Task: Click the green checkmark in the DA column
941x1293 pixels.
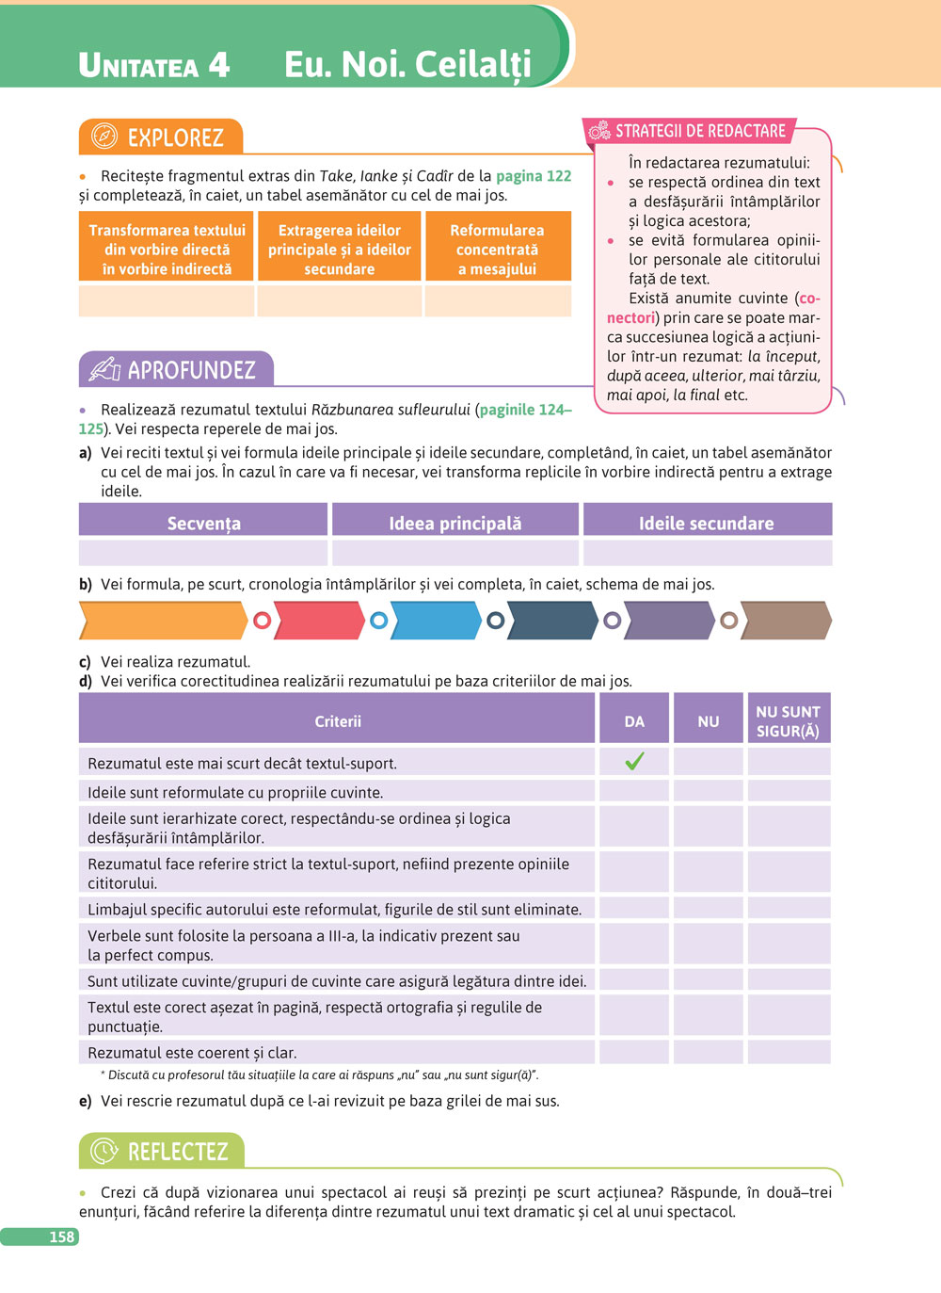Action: [x=634, y=761]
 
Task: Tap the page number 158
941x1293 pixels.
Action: [x=61, y=1236]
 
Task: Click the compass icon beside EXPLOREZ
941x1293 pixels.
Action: [x=104, y=137]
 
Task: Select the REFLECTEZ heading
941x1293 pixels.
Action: [x=178, y=1152]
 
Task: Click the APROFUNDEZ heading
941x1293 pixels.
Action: [x=191, y=370]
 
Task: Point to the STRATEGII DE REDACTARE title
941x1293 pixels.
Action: [x=700, y=131]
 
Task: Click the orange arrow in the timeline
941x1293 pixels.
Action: [x=163, y=621]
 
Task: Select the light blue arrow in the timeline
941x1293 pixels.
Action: [x=436, y=621]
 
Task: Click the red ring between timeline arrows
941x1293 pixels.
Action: [x=263, y=621]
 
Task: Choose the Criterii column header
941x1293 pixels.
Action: [x=338, y=721]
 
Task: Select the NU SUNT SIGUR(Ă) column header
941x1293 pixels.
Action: [x=789, y=721]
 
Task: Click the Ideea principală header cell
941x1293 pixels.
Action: [x=455, y=523]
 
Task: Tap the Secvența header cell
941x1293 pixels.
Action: [x=203, y=523]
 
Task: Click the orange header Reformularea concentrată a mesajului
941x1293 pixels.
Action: [x=497, y=250]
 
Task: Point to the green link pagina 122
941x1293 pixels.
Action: [x=534, y=176]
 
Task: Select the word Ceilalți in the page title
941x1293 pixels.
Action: [x=473, y=64]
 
